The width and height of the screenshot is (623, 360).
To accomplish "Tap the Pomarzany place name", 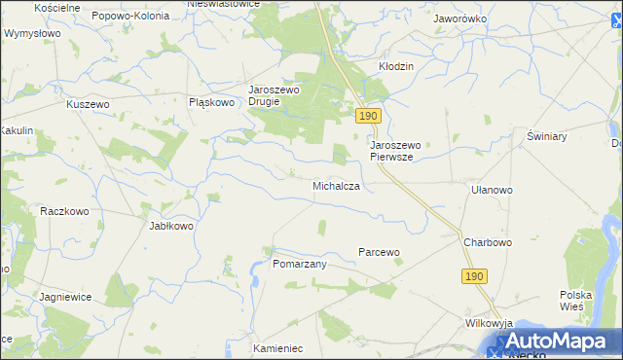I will pos(299,264).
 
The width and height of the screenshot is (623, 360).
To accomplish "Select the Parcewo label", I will pos(379,252).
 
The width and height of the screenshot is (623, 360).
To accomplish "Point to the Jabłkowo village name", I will pos(171,226).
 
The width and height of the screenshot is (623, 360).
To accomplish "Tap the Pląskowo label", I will pos(212,101).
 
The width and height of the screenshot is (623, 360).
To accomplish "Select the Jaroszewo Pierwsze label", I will pos(396,150).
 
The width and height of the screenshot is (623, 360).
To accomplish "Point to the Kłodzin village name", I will pos(396,66).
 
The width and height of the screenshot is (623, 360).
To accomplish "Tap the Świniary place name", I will pos(545,137).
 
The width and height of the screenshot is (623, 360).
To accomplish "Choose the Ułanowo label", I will pos(491,191).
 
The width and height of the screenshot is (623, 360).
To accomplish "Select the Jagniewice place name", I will pos(65,297).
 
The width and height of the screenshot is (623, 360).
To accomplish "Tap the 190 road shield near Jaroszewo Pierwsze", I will pos(367,116).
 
